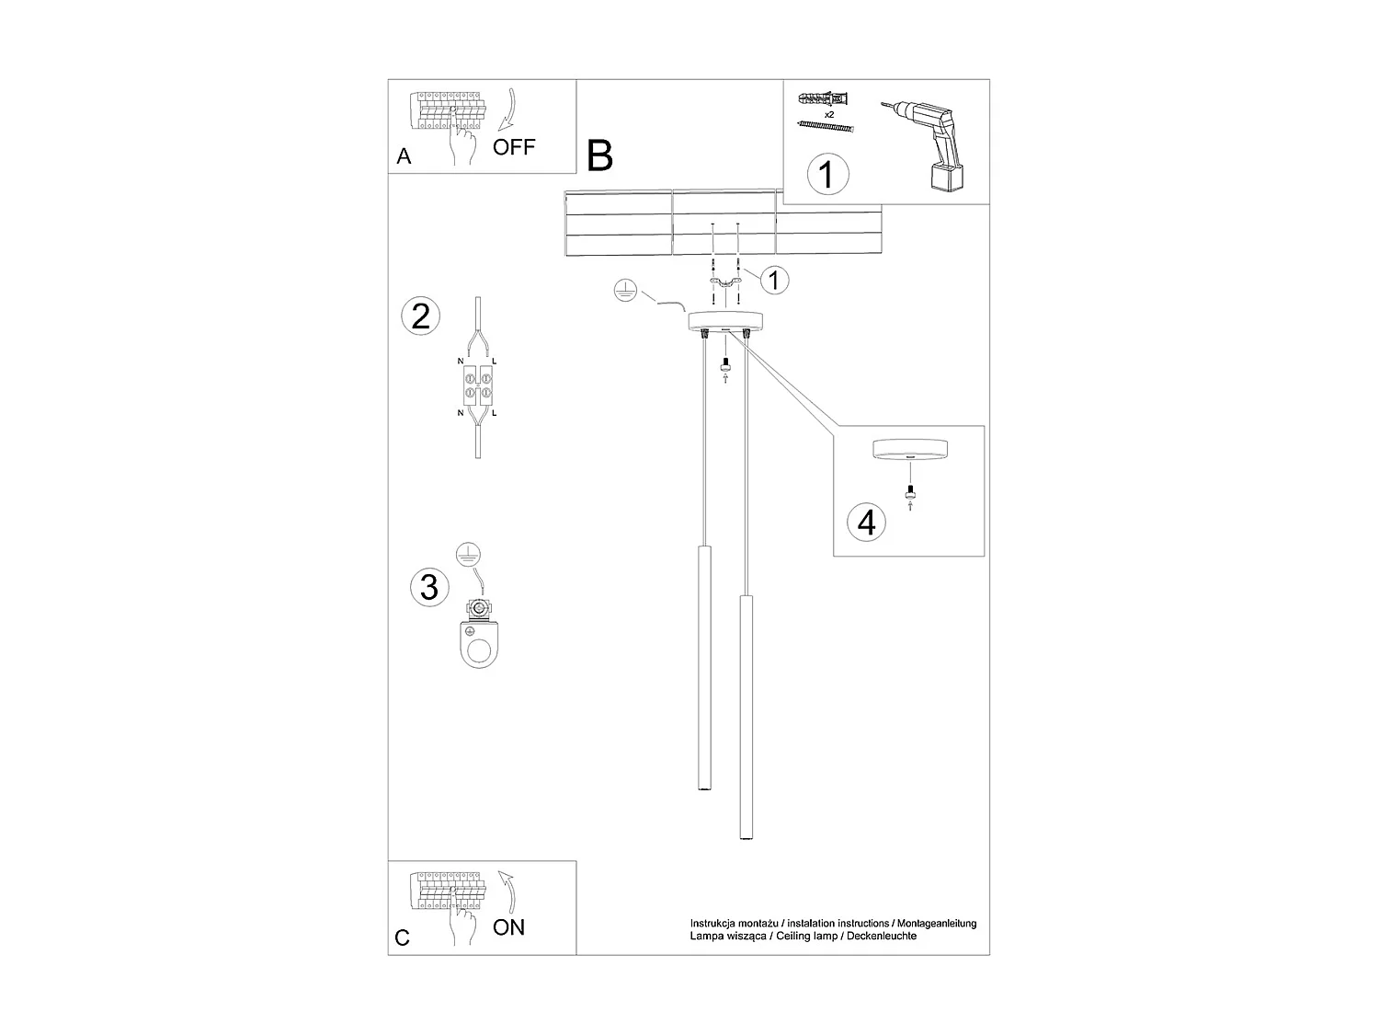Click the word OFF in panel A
click(x=513, y=146)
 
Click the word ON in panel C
click(x=508, y=927)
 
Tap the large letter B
click(x=599, y=155)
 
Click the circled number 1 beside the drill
click(x=826, y=173)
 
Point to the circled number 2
click(x=421, y=316)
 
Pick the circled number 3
click(x=429, y=587)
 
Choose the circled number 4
click(x=866, y=522)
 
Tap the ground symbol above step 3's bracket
click(x=469, y=555)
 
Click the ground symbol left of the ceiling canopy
click(x=624, y=292)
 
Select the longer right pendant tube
click(x=745, y=718)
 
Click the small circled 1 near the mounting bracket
click(x=774, y=279)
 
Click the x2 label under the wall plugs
click(x=828, y=114)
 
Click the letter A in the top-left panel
click(x=404, y=156)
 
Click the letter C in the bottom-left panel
click(x=402, y=937)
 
